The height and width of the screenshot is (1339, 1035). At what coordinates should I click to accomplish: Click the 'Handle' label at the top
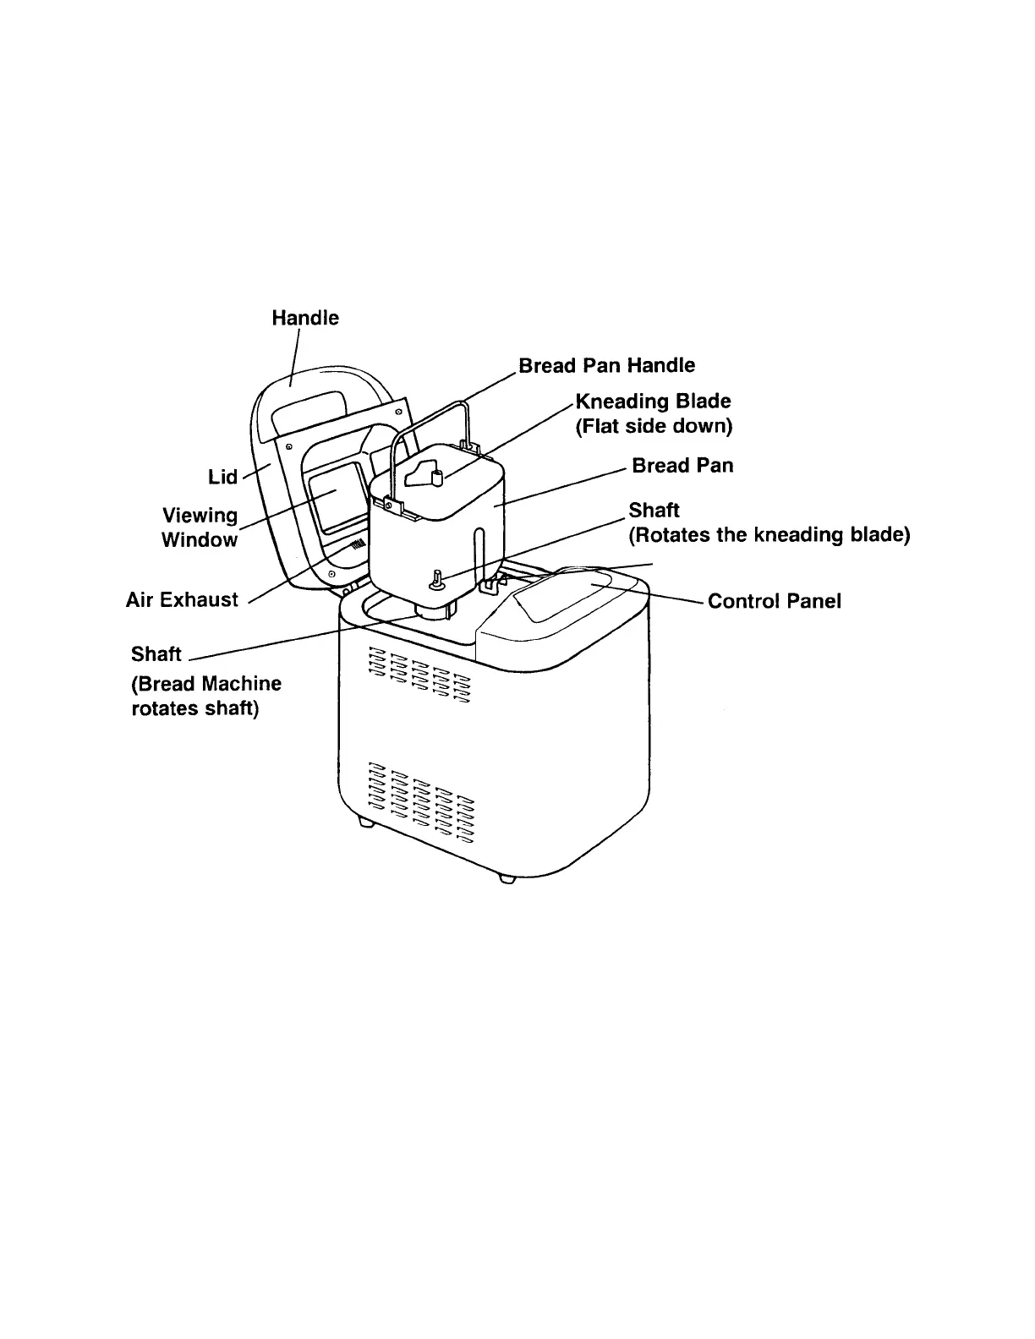[305, 318]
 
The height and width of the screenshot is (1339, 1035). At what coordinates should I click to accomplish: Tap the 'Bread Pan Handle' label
[606, 365]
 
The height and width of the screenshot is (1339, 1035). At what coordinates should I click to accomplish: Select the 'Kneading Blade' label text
[653, 401]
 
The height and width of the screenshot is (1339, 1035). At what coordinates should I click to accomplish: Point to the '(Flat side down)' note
[653, 425]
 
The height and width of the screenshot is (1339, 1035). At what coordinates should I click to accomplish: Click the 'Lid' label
[223, 477]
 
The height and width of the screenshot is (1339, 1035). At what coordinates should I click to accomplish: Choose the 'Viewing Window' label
[200, 527]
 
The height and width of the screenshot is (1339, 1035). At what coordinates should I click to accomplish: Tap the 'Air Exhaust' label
[182, 599]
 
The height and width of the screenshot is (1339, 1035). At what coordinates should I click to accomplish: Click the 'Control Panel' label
[774, 601]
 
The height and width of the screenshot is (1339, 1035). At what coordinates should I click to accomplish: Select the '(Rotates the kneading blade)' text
[769, 535]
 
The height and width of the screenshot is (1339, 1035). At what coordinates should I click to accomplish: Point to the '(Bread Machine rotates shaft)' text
[206, 696]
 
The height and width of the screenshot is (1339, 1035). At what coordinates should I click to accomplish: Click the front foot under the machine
[507, 878]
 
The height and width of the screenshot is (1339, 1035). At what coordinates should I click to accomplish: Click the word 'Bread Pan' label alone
[682, 466]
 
